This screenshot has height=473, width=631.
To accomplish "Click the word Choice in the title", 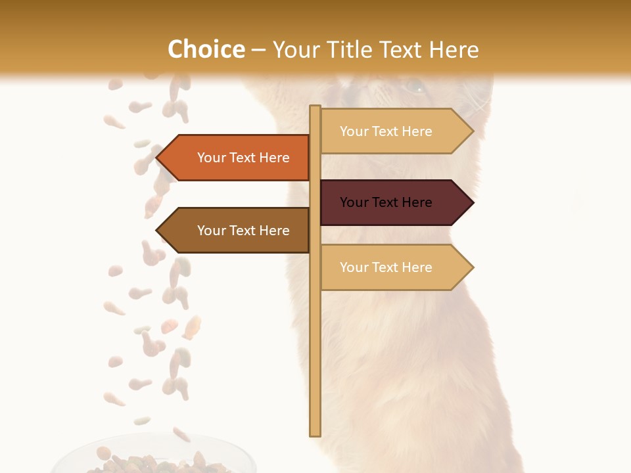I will click(x=206, y=50).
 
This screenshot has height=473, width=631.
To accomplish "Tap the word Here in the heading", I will click(x=454, y=50).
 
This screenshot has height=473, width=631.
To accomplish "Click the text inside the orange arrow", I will click(x=243, y=158).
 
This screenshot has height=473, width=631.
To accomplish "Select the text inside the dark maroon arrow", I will click(x=386, y=202).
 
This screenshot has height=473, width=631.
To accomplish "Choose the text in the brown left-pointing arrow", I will click(x=243, y=231).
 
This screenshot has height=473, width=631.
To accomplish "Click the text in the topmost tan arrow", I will click(x=386, y=131).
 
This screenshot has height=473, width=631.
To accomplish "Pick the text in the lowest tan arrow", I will click(x=386, y=267).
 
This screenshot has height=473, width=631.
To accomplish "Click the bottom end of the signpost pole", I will click(x=315, y=434).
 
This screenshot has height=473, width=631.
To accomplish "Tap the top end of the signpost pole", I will click(x=315, y=108).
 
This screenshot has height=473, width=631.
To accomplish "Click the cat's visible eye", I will click(x=414, y=86).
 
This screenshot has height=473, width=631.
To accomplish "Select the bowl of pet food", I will click(x=154, y=457).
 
